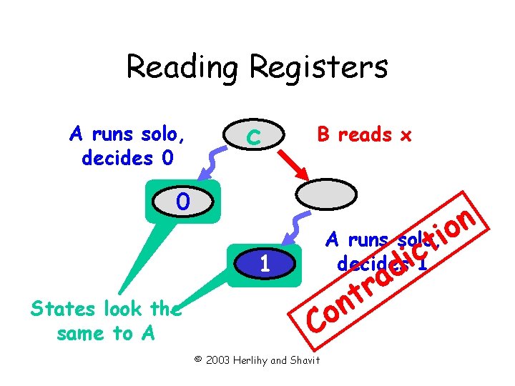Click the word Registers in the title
318,68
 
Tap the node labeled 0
183,203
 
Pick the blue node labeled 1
264,264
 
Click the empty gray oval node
325,195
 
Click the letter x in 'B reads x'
406,135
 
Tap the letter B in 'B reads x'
323,134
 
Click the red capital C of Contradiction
317,322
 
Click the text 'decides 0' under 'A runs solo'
127,157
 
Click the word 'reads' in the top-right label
364,134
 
